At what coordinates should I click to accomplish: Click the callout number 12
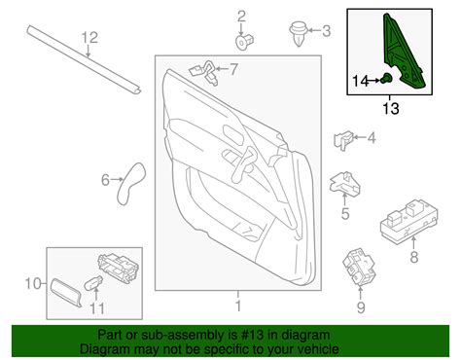coord(89,38)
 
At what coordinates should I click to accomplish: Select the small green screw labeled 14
coord(386,78)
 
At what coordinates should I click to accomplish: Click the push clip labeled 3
coord(298,34)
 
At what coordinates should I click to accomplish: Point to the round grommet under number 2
coord(244,41)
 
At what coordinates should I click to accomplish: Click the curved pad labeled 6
coord(130,184)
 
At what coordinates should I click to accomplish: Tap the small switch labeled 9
coord(359,267)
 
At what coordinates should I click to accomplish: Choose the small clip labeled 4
coord(343,140)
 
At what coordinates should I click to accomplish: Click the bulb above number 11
coord(93,283)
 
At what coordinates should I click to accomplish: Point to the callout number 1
coord(238,306)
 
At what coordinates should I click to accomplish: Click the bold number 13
coord(391,108)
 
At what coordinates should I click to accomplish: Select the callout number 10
coord(33,284)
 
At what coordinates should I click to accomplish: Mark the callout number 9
coord(361,307)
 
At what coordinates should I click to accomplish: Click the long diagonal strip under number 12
coord(85,60)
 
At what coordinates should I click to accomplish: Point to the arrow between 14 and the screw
coord(375,80)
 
